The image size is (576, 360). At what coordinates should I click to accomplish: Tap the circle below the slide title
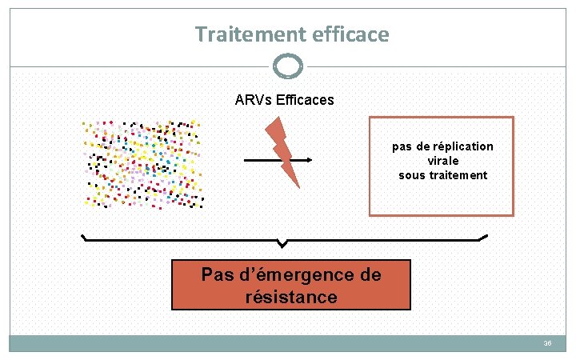point(288,66)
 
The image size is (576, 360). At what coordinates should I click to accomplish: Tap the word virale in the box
point(442,160)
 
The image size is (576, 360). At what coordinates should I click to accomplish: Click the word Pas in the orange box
point(217,275)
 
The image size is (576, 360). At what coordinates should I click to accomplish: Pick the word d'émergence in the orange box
point(293,275)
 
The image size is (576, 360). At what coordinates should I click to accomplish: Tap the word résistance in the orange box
point(291,298)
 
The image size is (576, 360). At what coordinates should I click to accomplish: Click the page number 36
point(548,343)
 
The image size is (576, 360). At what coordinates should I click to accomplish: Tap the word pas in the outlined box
point(402,146)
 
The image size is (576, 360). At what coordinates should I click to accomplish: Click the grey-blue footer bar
point(288,343)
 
